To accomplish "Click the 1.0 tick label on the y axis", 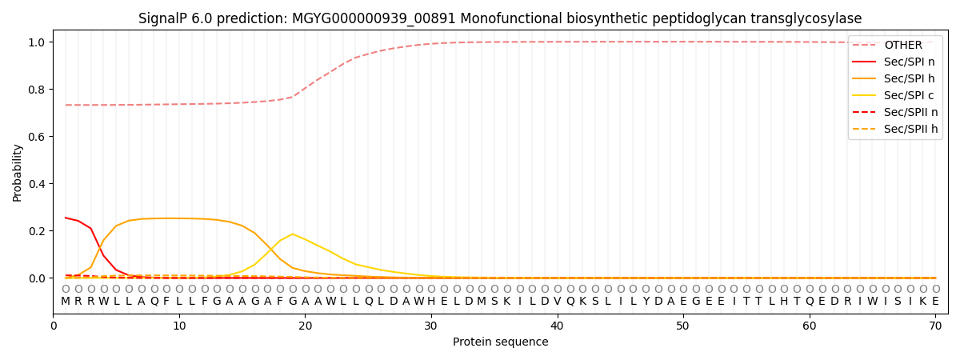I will coord(37,42).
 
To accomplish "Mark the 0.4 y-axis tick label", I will coord(37,184).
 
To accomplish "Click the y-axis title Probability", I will coord(18,172).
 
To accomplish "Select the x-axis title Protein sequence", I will coord(500,342).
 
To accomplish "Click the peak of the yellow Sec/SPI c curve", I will coord(293,234).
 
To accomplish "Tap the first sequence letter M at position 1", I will coord(66,302).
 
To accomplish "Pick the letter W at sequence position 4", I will coord(103,302).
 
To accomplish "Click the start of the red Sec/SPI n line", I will coord(66,218).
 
